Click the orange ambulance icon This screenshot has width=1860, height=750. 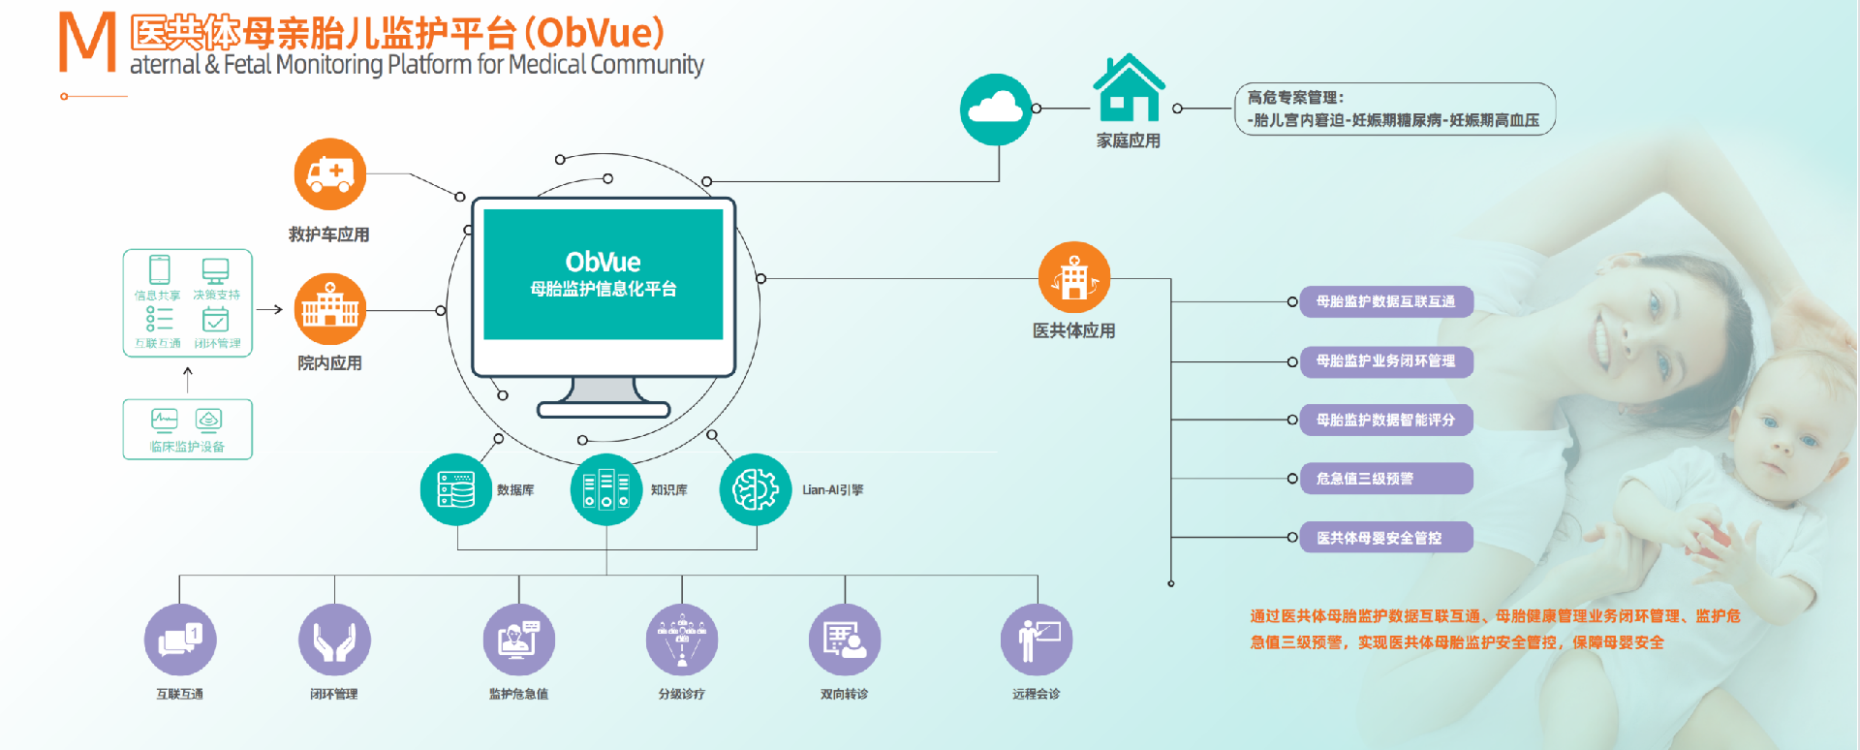pyautogui.click(x=330, y=174)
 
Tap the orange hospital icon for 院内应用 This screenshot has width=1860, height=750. pyautogui.click(x=330, y=309)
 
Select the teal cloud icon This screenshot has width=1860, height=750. pyautogui.click(x=996, y=109)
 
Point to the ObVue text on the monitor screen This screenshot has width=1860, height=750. pyautogui.click(x=603, y=263)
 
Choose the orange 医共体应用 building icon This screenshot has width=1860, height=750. pyautogui.click(x=1073, y=278)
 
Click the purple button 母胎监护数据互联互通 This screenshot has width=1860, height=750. pyautogui.click(x=1385, y=301)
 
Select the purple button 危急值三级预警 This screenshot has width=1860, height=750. pyautogui.click(x=1385, y=479)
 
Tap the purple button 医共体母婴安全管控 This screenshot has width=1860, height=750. pyautogui.click(x=1385, y=538)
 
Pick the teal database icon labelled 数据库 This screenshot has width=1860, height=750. pyautogui.click(x=456, y=489)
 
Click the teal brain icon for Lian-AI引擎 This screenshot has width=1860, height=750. pyautogui.click(x=756, y=489)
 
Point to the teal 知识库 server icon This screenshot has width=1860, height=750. pyautogui.click(x=606, y=489)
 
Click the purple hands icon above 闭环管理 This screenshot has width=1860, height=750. pyautogui.click(x=334, y=641)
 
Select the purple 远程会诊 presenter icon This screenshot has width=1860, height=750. pyautogui.click(x=1037, y=641)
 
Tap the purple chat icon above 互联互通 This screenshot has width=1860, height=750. pyautogui.click(x=180, y=641)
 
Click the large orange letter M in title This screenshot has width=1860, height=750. pyautogui.click(x=87, y=43)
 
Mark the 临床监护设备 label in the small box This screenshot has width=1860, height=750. pyautogui.click(x=187, y=447)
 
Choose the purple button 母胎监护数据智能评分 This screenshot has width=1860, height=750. pyautogui.click(x=1385, y=420)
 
